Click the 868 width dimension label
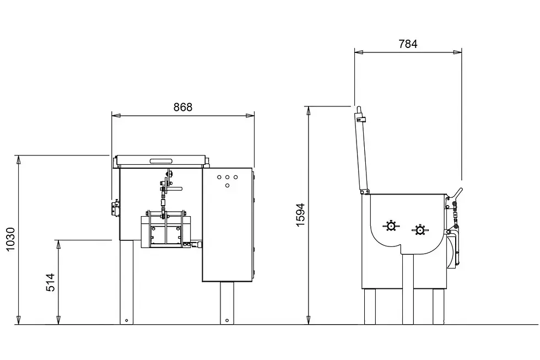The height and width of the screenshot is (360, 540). [183, 107]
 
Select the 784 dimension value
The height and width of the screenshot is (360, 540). [408, 44]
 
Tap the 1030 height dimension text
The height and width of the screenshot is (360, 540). [11, 239]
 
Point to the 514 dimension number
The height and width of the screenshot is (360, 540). [51, 282]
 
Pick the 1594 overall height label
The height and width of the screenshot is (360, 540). [301, 215]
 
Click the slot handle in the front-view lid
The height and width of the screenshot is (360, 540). [161, 160]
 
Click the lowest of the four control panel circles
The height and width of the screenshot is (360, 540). [227, 186]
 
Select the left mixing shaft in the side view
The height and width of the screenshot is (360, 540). [391, 227]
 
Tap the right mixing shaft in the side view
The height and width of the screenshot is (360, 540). [420, 230]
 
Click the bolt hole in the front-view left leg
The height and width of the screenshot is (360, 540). [126, 321]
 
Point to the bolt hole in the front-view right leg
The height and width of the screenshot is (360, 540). [227, 321]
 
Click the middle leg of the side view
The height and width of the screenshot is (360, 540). [408, 289]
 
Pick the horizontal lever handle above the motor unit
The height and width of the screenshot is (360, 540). [175, 189]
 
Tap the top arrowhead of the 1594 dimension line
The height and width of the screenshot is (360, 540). [309, 111]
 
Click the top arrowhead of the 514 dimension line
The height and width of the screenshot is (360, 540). [58, 245]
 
